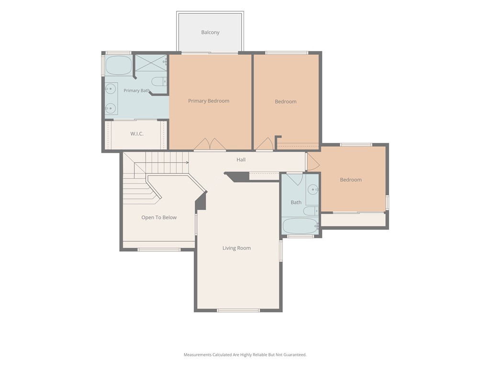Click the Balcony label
point(210,32)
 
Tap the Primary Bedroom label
point(209,101)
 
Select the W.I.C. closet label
point(137,134)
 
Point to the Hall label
point(241,160)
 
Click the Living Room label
point(236,248)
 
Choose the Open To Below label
point(159,217)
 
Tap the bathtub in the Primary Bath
point(119,65)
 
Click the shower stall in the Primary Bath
point(151,63)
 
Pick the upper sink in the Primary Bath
point(110,88)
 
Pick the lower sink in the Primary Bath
point(110,108)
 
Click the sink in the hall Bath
point(313,189)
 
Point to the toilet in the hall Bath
point(311,211)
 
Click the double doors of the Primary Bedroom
point(210,144)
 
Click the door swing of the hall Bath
point(295,179)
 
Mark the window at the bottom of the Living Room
point(238,310)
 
